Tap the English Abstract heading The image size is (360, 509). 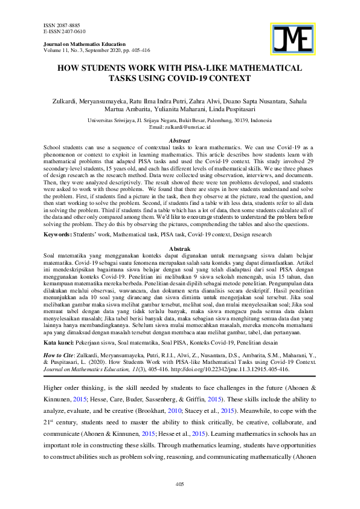179,140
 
